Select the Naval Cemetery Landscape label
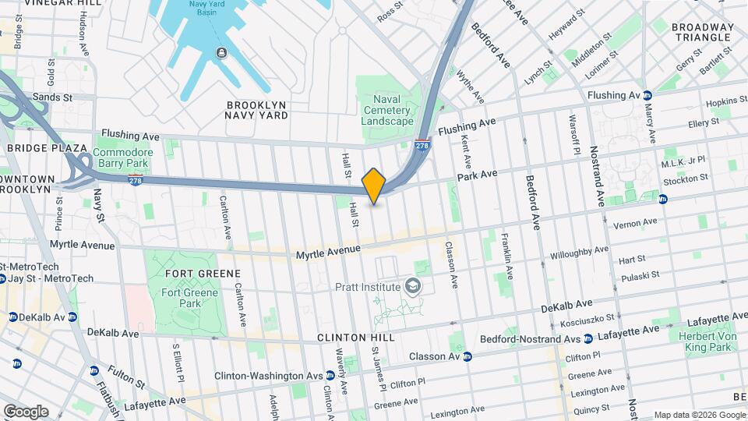click(x=387, y=111)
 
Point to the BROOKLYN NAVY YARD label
click(x=256, y=110)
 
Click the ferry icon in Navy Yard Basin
click(x=222, y=52)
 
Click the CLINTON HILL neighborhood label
click(x=355, y=338)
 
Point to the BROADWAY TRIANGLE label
click(x=704, y=32)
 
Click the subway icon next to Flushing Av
click(x=647, y=95)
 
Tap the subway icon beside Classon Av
click(x=467, y=357)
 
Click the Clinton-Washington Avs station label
click(x=269, y=375)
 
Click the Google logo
click(x=26, y=411)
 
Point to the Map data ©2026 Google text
click(x=699, y=416)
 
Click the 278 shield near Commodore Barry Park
click(x=135, y=181)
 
